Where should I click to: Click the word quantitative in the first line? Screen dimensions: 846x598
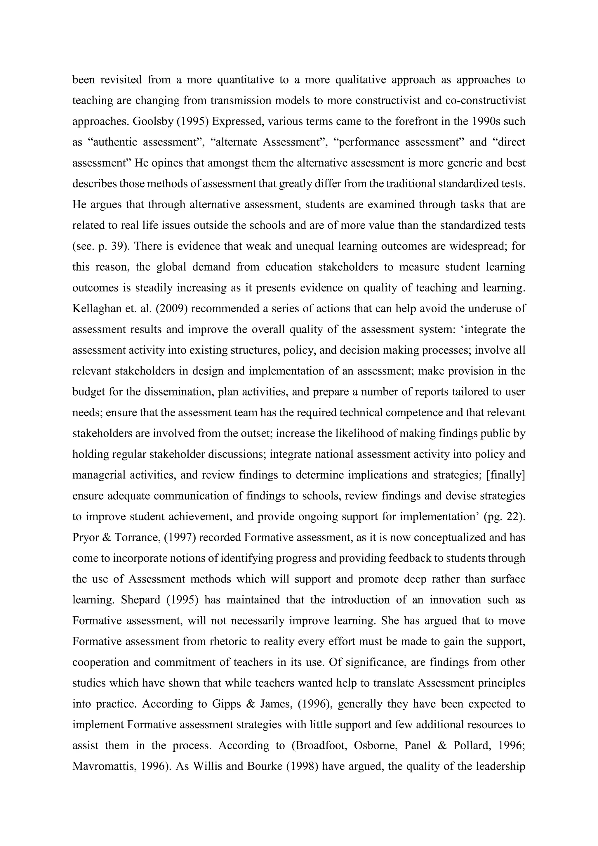click(246, 80)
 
